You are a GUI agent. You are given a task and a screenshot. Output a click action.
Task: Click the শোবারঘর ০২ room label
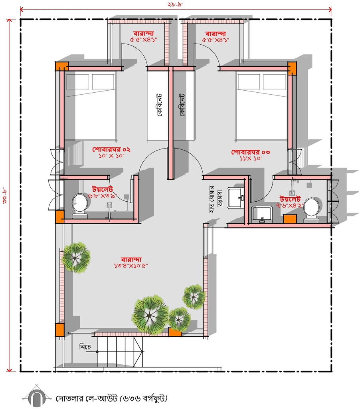[111, 149]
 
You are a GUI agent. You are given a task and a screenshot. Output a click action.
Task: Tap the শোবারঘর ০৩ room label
[251, 152]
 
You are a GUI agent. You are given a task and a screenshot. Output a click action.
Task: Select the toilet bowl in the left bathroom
[80, 206]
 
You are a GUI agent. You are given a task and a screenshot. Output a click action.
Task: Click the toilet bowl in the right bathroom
[312, 210]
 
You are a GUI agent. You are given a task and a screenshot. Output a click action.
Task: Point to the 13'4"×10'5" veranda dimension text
[131, 266]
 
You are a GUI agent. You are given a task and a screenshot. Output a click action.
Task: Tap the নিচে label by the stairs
[85, 347]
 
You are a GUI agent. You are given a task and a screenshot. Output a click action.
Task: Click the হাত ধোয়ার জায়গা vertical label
[216, 199]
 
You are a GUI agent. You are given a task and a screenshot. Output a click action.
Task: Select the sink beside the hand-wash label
[235, 197]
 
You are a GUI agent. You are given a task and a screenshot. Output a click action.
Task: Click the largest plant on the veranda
[150, 314]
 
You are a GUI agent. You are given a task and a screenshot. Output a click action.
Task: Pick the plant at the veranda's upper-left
[76, 258]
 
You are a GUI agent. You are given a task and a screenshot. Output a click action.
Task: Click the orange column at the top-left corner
[61, 66]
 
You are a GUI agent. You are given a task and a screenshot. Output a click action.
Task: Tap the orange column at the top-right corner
[292, 68]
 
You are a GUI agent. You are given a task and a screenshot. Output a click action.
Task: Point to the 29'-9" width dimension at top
[176, 4]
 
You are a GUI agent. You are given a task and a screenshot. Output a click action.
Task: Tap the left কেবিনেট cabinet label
[159, 105]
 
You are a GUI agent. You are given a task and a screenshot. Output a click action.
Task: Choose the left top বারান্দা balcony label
[143, 34]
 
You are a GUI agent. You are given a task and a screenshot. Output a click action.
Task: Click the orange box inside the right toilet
[290, 218]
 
